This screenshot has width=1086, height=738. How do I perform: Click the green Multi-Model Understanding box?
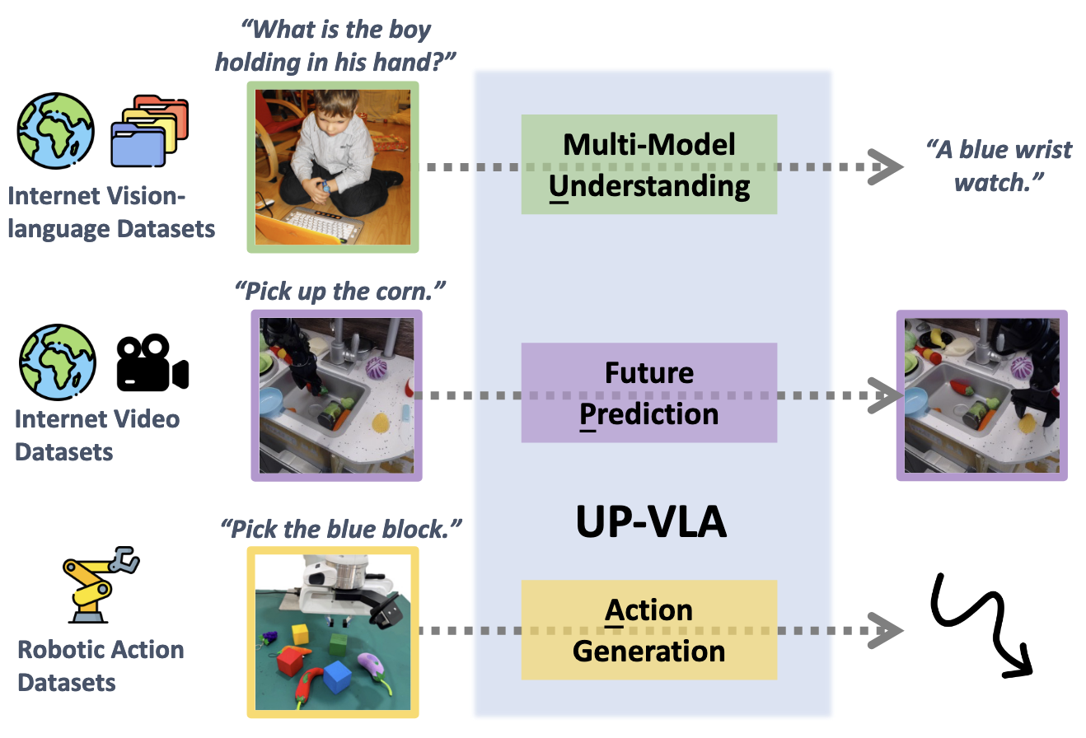coord(648,165)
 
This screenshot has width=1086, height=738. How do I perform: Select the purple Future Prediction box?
coord(648,393)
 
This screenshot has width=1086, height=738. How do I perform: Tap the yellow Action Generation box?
coord(648,630)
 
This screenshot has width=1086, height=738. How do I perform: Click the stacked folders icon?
coord(149,131)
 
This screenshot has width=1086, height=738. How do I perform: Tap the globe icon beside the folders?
coord(56,131)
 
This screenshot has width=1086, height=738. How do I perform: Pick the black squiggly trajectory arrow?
coord(981,623)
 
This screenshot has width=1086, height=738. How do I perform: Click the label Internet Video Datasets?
coord(97,434)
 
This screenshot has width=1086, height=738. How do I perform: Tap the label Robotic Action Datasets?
coord(101,666)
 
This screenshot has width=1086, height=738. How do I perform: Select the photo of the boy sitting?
coord(334,166)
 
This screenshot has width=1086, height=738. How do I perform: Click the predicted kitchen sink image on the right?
coord(981,395)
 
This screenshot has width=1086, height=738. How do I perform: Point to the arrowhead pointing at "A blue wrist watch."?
coord(889,167)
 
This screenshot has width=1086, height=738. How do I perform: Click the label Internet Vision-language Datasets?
coord(111,212)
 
